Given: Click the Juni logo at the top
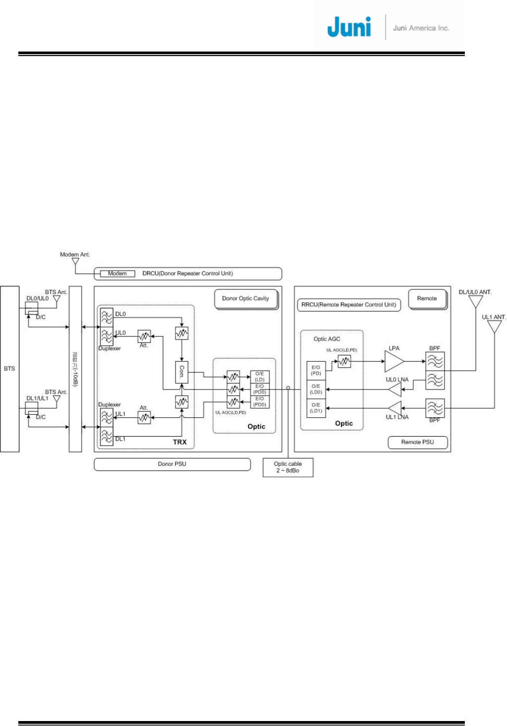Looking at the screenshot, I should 349,27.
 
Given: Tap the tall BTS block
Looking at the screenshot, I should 9,368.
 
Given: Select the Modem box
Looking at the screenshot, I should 117,274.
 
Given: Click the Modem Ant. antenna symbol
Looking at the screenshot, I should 75,261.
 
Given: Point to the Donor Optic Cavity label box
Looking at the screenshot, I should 246,299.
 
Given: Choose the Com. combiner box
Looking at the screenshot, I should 182,372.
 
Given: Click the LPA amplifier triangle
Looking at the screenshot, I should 393,361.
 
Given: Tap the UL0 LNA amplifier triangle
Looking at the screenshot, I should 395,389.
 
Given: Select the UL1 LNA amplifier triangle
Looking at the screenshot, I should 395,408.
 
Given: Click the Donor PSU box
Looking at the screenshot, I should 172,464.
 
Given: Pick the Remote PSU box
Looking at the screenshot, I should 417,442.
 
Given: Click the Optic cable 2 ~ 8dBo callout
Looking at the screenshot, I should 288,467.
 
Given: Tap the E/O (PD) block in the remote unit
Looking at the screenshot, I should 316,371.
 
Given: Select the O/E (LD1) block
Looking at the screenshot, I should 316,408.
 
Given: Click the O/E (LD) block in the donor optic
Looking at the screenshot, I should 259,377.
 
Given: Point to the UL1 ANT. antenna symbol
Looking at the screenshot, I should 494,327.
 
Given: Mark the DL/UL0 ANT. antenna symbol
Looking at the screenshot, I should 475,301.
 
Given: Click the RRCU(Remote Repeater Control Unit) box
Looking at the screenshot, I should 349,305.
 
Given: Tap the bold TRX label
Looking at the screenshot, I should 180,442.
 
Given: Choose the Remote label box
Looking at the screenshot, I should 427,299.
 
